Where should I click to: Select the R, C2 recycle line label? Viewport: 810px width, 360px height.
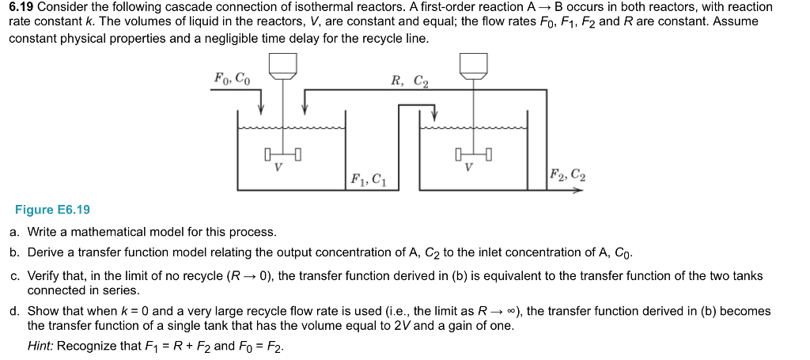click(x=410, y=80)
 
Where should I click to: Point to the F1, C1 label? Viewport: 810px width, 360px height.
click(x=368, y=179)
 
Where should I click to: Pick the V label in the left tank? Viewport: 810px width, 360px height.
click(x=278, y=168)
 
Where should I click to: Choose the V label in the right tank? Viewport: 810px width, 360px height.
click(x=469, y=168)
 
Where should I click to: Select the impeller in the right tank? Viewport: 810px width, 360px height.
click(x=473, y=153)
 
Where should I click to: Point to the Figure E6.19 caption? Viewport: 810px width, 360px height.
click(x=52, y=210)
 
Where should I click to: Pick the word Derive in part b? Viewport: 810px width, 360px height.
click(x=46, y=252)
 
